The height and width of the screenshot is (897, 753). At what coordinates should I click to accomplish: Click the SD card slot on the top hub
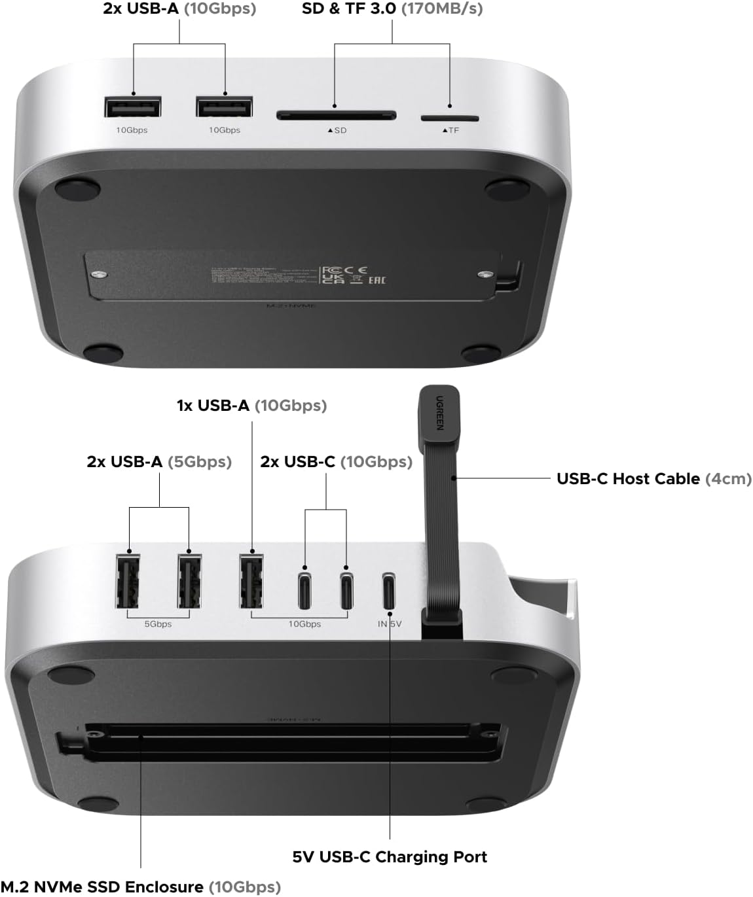click(336, 116)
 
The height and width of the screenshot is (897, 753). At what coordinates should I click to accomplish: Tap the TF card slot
click(449, 118)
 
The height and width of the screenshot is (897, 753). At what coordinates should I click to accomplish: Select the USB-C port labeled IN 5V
click(389, 590)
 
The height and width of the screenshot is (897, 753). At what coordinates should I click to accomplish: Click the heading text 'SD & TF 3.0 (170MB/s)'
click(392, 9)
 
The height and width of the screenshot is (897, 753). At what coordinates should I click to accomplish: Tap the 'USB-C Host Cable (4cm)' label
click(653, 478)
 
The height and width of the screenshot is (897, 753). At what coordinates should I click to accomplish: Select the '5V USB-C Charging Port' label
click(390, 856)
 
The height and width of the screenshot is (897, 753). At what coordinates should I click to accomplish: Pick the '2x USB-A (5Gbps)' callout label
click(159, 461)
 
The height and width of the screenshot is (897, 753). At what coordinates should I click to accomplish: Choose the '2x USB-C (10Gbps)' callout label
click(336, 461)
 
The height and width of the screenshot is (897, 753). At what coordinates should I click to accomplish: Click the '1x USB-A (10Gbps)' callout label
click(251, 405)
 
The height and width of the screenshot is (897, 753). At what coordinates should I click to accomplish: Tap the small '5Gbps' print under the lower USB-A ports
click(158, 624)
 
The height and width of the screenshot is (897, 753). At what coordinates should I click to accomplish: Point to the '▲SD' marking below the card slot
click(337, 130)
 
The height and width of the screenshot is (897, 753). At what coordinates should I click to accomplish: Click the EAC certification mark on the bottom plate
click(377, 280)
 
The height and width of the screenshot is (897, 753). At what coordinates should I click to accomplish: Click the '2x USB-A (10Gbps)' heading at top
click(179, 9)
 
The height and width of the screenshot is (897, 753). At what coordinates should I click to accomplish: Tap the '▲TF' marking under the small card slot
click(450, 130)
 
